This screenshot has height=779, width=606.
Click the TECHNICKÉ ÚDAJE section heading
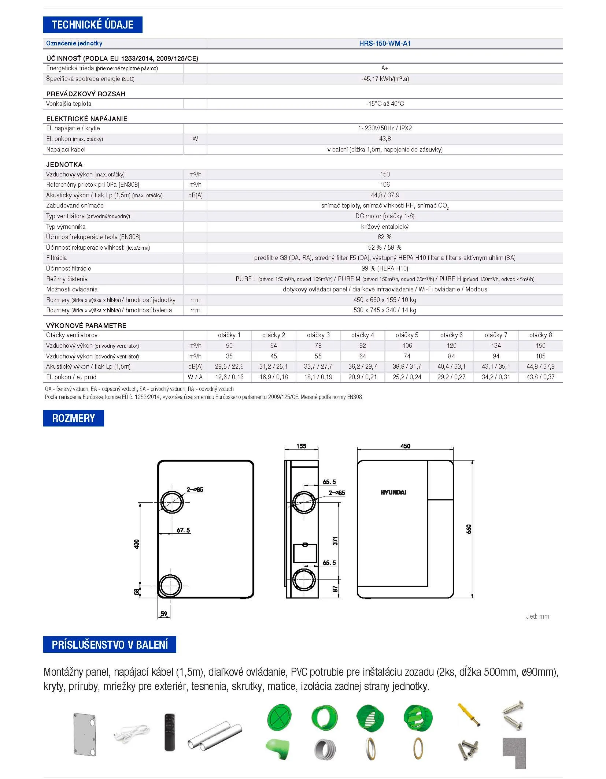click(92, 25)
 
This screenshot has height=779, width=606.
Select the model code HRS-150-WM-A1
click(385, 43)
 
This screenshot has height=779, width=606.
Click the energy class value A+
click(385, 68)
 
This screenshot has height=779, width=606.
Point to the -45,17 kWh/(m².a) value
click(385, 79)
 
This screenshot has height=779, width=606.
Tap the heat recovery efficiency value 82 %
click(385, 237)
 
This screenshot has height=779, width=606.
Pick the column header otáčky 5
click(407, 335)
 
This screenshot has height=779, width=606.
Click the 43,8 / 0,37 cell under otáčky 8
click(540, 377)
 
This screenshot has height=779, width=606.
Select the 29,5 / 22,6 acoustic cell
click(229, 366)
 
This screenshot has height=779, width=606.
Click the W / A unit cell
click(195, 377)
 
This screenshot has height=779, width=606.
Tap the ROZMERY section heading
click(73, 418)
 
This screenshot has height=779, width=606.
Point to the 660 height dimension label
click(469, 529)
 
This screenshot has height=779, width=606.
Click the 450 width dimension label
click(405, 446)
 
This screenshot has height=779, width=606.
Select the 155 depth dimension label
click(301, 446)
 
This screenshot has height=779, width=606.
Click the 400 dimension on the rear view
click(137, 544)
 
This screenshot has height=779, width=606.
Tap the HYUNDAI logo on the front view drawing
click(393, 492)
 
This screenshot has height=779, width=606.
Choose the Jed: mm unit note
click(537, 616)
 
